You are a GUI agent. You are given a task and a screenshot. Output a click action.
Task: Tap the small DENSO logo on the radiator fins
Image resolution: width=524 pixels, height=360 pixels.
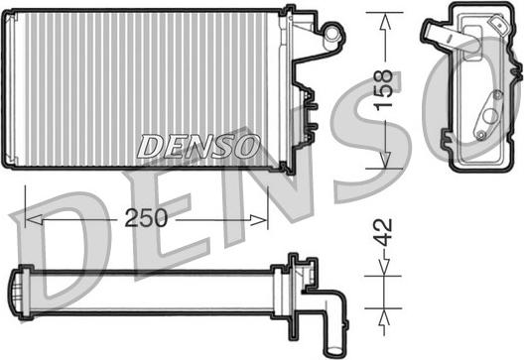(197, 147)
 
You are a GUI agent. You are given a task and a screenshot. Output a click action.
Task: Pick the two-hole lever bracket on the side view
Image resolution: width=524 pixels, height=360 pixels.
(486, 115)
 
